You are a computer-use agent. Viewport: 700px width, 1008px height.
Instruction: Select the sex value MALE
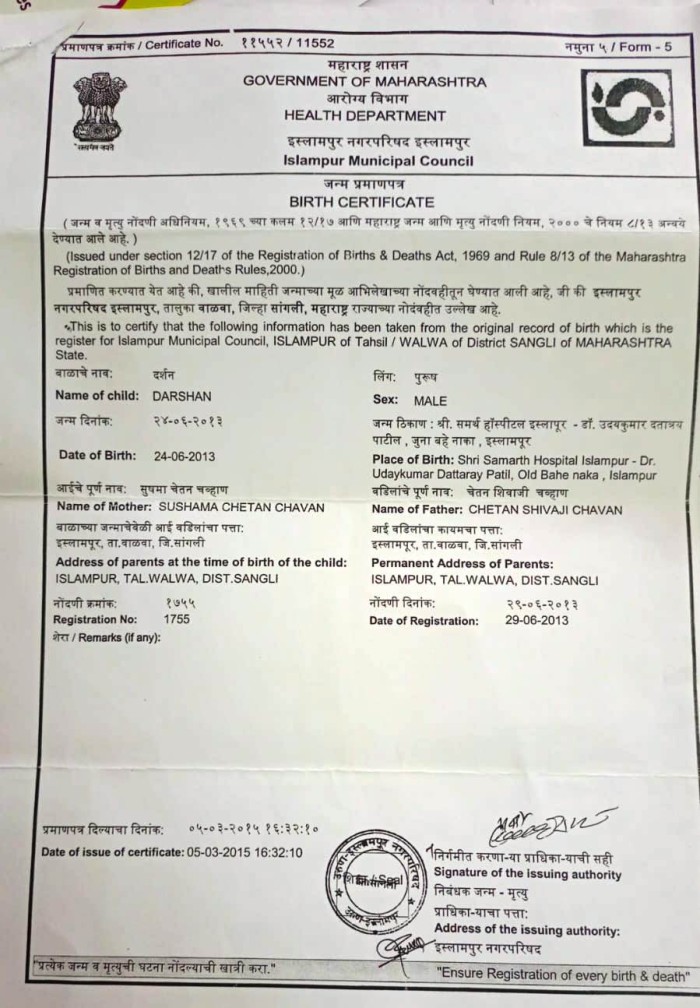tap(430, 400)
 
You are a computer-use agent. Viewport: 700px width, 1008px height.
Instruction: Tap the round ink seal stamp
tap(379, 880)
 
